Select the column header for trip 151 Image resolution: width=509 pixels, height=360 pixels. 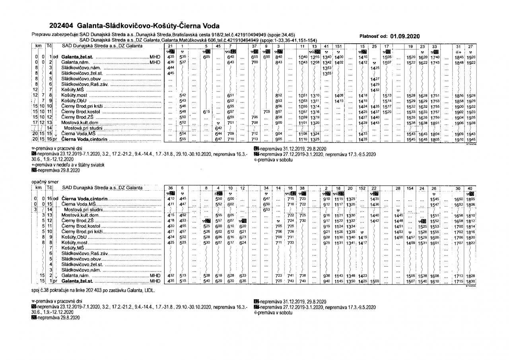click(x=338, y=46)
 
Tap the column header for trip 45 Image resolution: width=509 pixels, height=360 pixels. click(x=218, y=46)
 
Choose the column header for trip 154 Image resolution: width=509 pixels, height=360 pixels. click(x=410, y=188)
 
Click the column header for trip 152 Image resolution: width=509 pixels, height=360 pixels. click(x=363, y=188)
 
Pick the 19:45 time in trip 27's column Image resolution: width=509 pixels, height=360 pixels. click(x=471, y=140)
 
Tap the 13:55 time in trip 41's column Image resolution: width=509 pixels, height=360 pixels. click(x=327, y=74)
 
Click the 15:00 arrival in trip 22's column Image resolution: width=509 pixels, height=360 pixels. click(x=375, y=281)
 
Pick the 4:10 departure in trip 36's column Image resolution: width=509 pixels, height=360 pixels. click(x=171, y=199)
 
